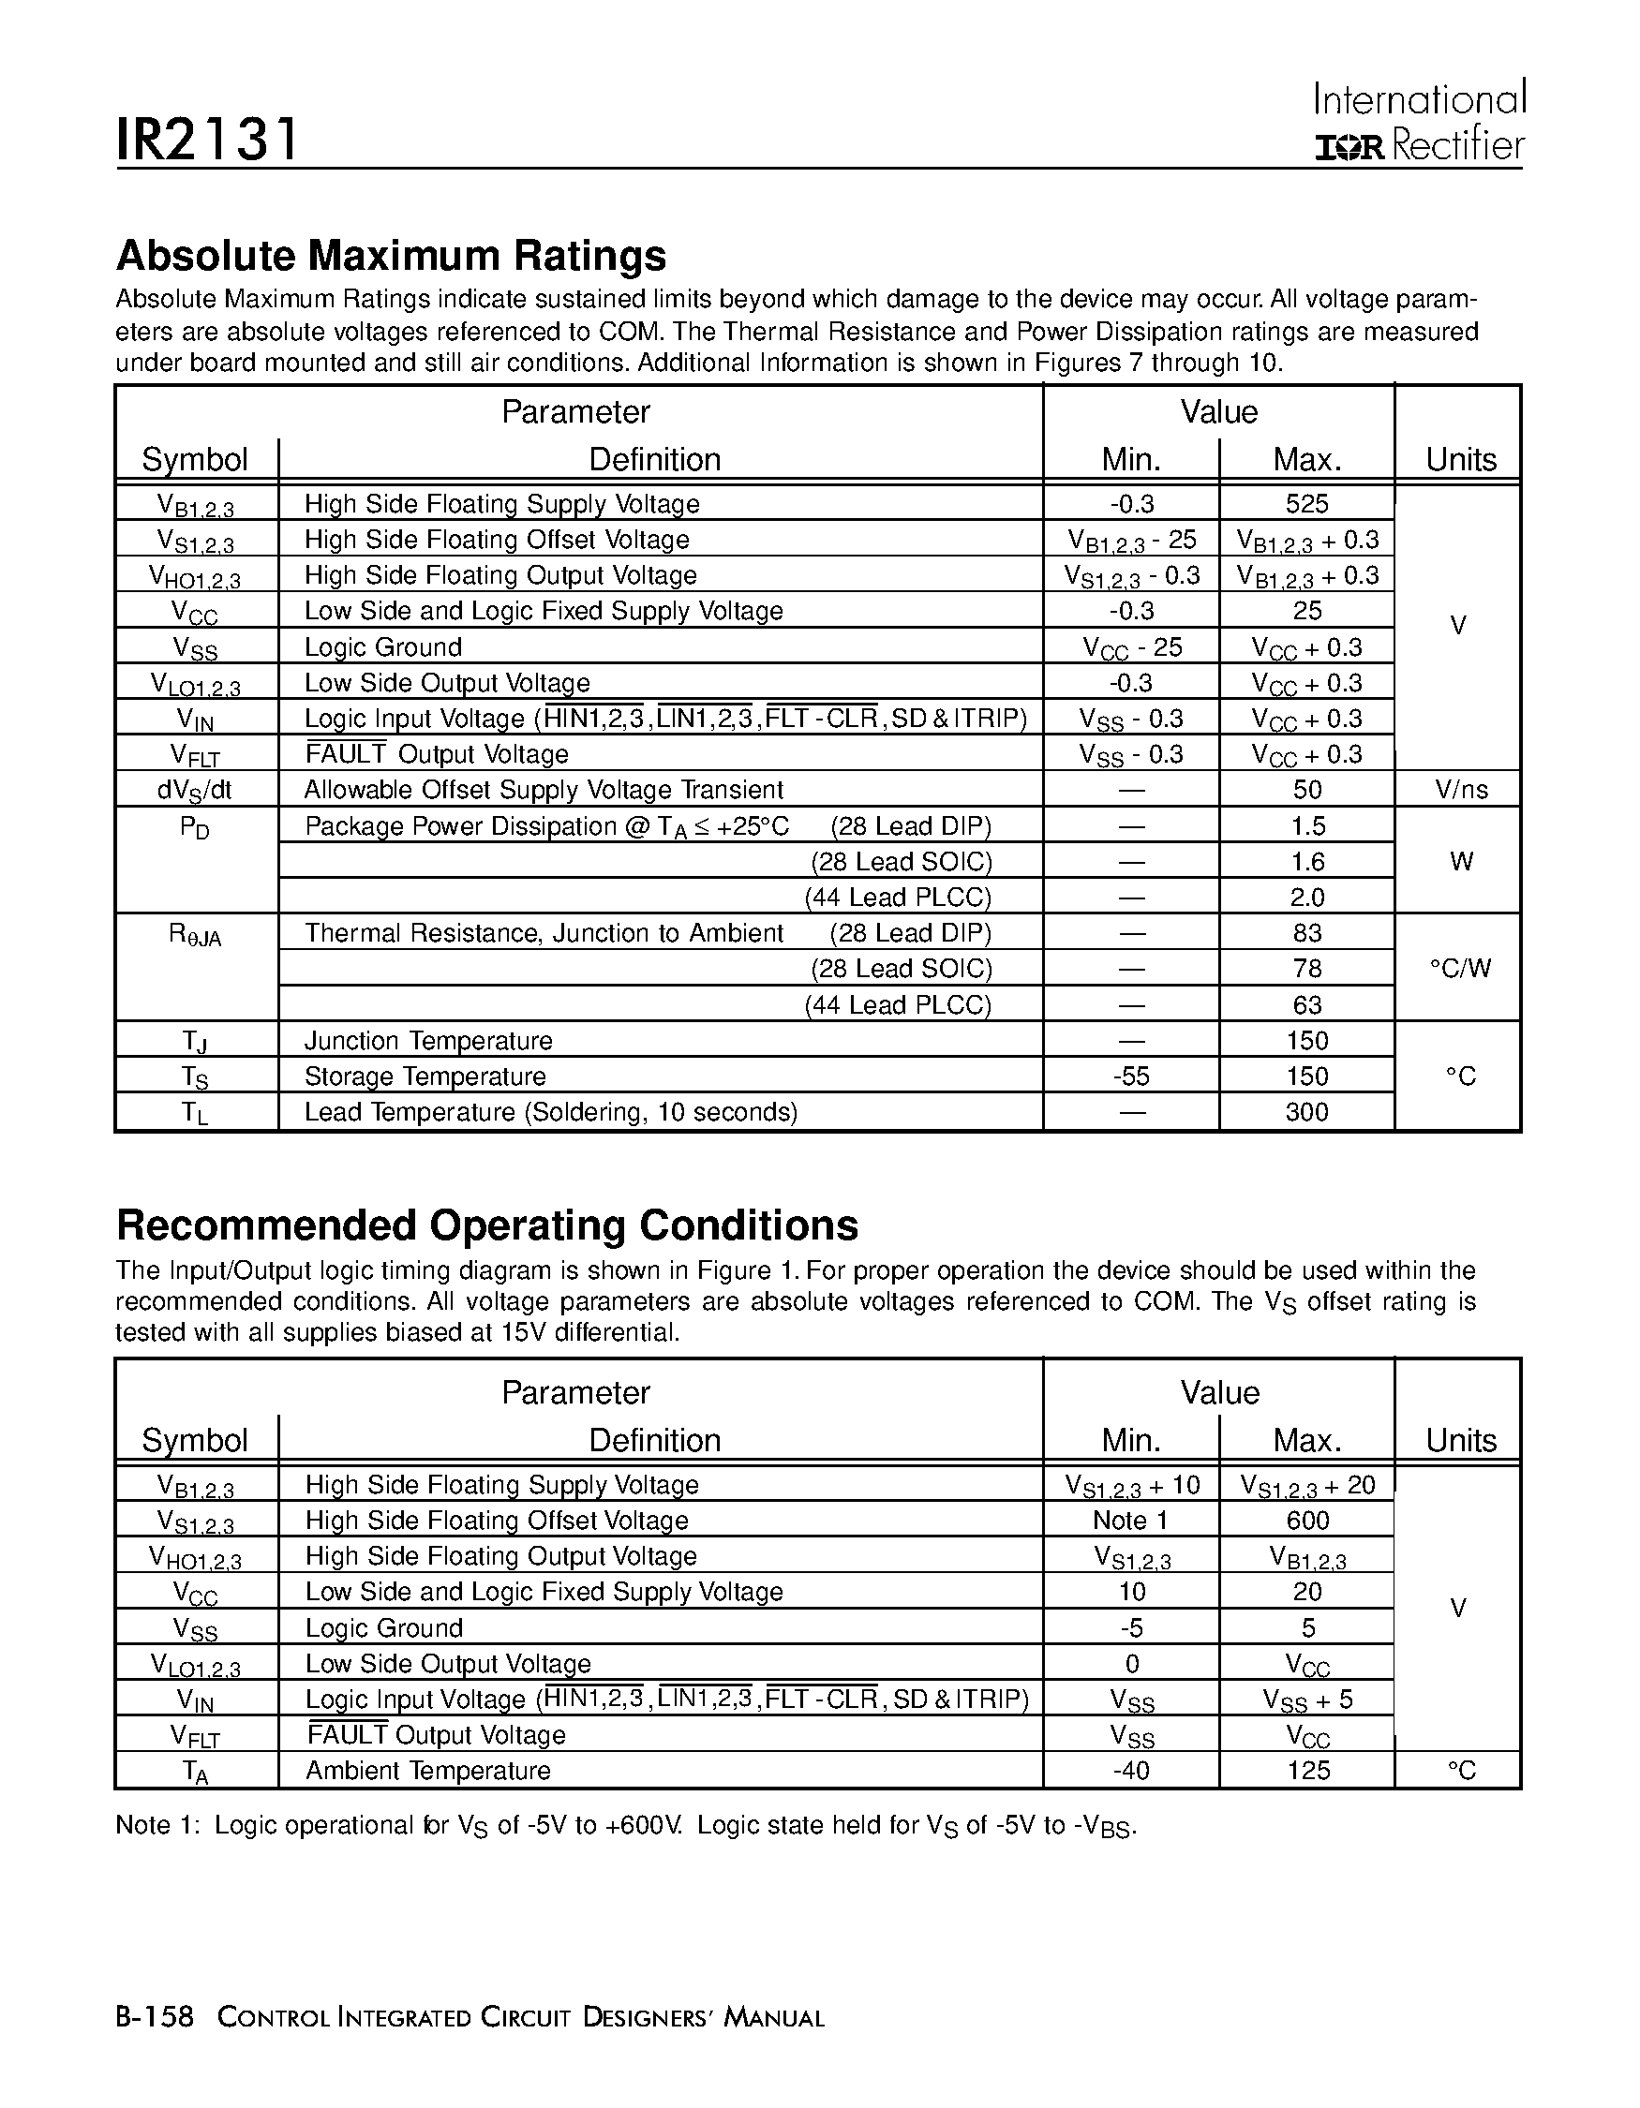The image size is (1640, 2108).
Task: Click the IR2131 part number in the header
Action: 206,140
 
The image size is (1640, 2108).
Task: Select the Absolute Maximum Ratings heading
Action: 391,256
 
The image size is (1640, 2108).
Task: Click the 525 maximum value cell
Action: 1307,504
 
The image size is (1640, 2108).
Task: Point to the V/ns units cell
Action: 1460,791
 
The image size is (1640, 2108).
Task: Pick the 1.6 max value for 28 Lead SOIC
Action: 1307,862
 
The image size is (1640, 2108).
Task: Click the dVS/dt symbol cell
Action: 195,791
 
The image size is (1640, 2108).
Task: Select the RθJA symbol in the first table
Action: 195,934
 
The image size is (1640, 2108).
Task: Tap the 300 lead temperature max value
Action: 1307,1113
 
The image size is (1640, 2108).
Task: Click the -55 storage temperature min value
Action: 1131,1077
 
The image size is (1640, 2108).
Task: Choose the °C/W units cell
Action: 1460,969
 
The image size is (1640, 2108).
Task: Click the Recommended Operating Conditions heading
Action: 486,1225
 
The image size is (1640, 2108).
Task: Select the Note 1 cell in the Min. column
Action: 1131,1522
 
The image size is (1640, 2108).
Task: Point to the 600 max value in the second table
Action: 1307,1522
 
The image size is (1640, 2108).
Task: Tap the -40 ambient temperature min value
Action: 1131,1771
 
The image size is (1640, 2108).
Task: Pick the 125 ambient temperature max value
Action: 1307,1771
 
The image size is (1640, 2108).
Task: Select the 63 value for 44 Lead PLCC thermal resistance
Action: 1307,1005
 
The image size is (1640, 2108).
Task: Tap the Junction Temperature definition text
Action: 428,1042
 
